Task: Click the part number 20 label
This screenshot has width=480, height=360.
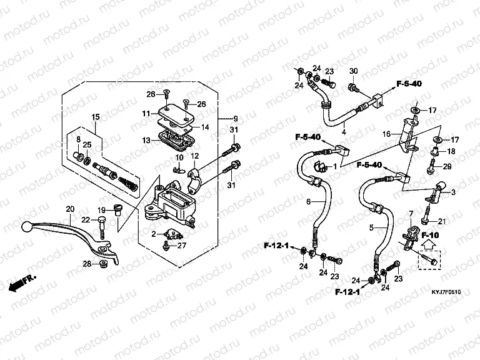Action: (69, 209)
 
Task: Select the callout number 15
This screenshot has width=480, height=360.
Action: (96, 117)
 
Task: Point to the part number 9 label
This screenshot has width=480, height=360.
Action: (236, 119)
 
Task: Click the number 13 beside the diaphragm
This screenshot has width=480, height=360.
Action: (146, 141)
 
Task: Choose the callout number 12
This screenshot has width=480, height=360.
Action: (194, 156)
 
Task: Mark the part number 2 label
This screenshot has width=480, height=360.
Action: (153, 234)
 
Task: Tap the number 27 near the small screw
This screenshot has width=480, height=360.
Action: (182, 246)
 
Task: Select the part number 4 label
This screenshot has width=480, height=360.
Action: (343, 132)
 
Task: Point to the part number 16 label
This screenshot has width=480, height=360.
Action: (386, 134)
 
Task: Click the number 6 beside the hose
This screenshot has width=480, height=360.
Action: (307, 201)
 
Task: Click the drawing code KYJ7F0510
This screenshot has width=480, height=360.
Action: (446, 292)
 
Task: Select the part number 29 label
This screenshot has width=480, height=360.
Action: (447, 166)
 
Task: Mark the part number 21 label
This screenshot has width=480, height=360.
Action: (441, 221)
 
